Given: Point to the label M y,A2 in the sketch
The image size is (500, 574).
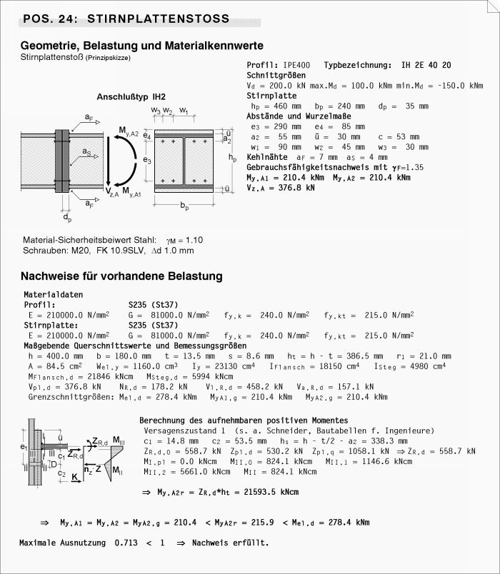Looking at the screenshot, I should pyautogui.click(x=129, y=130).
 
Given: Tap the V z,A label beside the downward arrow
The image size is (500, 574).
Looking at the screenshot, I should pyautogui.click(x=112, y=191).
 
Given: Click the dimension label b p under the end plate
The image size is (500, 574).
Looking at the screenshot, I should pyautogui.click(x=185, y=206).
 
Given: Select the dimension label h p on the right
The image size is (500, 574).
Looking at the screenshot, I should pyautogui.click(x=231, y=156).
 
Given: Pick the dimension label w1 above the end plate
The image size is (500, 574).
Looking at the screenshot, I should pyautogui.click(x=184, y=111).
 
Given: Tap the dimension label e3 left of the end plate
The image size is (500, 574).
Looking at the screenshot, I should pyautogui.click(x=146, y=161).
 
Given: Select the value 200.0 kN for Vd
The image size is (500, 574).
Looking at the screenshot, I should pyautogui.click(x=284, y=85).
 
